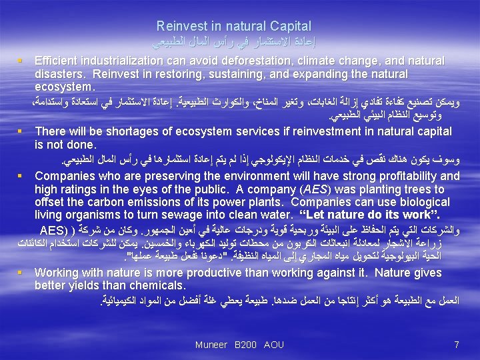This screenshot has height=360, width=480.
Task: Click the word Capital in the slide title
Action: point(288,26)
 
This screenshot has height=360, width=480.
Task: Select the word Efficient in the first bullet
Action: point(57,61)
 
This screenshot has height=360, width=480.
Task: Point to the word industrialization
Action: point(127,61)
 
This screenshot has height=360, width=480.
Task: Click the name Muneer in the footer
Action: point(211,345)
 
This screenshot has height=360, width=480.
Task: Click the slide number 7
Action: point(456,345)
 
